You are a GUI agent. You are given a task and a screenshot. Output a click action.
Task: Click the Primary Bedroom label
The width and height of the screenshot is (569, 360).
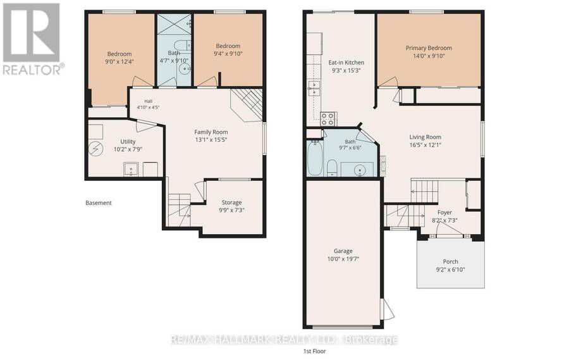pyautogui.click(x=429, y=48)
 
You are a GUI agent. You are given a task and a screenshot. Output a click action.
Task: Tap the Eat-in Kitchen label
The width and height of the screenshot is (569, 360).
pyautogui.click(x=346, y=63)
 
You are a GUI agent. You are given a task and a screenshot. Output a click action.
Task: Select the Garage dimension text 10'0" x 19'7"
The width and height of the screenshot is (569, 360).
pyautogui.click(x=343, y=259)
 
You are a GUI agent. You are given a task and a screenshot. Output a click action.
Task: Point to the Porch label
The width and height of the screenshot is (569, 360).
pyautogui.click(x=450, y=261)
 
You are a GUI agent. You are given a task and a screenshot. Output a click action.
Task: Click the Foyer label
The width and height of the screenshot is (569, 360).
pyautogui.click(x=444, y=213)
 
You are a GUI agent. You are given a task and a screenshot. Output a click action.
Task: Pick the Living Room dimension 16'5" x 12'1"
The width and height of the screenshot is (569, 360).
pyautogui.click(x=425, y=145)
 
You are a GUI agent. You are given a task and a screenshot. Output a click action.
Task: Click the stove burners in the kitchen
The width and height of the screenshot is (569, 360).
pyautogui.click(x=328, y=119)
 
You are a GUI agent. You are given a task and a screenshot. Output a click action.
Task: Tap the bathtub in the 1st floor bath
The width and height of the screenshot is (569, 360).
pyautogui.click(x=315, y=158)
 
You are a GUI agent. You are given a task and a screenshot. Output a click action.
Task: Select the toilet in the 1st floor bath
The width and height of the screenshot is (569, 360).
pyautogui.click(x=333, y=168)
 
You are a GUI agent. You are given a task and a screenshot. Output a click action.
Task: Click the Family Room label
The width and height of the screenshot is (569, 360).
pyautogui.click(x=211, y=132)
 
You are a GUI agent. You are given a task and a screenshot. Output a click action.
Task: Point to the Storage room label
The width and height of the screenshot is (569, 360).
pyautogui.click(x=231, y=202)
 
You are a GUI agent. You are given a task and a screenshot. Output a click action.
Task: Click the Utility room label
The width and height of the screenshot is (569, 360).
pyautogui.click(x=128, y=142)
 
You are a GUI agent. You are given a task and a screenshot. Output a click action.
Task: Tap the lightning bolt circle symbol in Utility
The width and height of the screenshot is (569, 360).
pyautogui.click(x=96, y=149)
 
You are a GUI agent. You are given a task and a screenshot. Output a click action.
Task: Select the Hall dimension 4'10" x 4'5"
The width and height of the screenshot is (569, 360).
pyautogui.click(x=148, y=107)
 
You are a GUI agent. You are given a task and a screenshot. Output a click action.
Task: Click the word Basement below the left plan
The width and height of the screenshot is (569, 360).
pyautogui.click(x=99, y=202)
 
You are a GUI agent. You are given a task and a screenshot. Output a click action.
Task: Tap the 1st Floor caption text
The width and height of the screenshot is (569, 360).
pyautogui.click(x=315, y=351)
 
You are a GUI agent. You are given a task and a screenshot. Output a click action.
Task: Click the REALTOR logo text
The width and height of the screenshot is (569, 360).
pyautogui.click(x=33, y=70)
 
